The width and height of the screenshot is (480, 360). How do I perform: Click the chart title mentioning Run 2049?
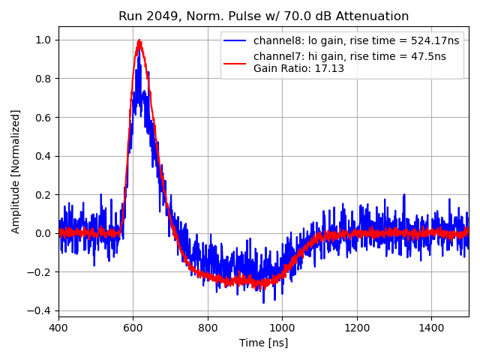(x=263, y=16)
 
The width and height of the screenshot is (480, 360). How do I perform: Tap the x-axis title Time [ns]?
(x=263, y=343)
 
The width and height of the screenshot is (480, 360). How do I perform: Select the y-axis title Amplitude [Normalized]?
(x=16, y=171)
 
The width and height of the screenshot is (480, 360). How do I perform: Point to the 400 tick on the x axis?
(x=58, y=328)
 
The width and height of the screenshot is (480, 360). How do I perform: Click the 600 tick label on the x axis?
(x=133, y=328)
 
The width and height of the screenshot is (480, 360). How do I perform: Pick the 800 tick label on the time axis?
(x=208, y=328)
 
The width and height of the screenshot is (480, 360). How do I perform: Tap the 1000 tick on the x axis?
(x=282, y=328)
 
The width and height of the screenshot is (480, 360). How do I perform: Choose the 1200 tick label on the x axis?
(x=357, y=328)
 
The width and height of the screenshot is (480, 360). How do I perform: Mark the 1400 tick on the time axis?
(x=431, y=328)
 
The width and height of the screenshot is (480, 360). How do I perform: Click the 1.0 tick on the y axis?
(x=44, y=40)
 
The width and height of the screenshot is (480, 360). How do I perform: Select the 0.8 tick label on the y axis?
(x=44, y=79)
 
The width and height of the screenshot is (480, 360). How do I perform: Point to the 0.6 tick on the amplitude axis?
(x=44, y=117)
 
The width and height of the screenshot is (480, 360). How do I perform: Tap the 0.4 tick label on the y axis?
(x=44, y=156)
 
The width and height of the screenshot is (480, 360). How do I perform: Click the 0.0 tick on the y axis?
(x=44, y=233)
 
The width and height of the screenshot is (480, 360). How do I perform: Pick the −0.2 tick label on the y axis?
(x=41, y=272)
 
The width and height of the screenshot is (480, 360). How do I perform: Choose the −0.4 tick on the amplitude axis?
(x=41, y=310)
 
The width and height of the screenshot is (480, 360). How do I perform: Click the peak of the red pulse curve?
(x=139, y=41)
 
